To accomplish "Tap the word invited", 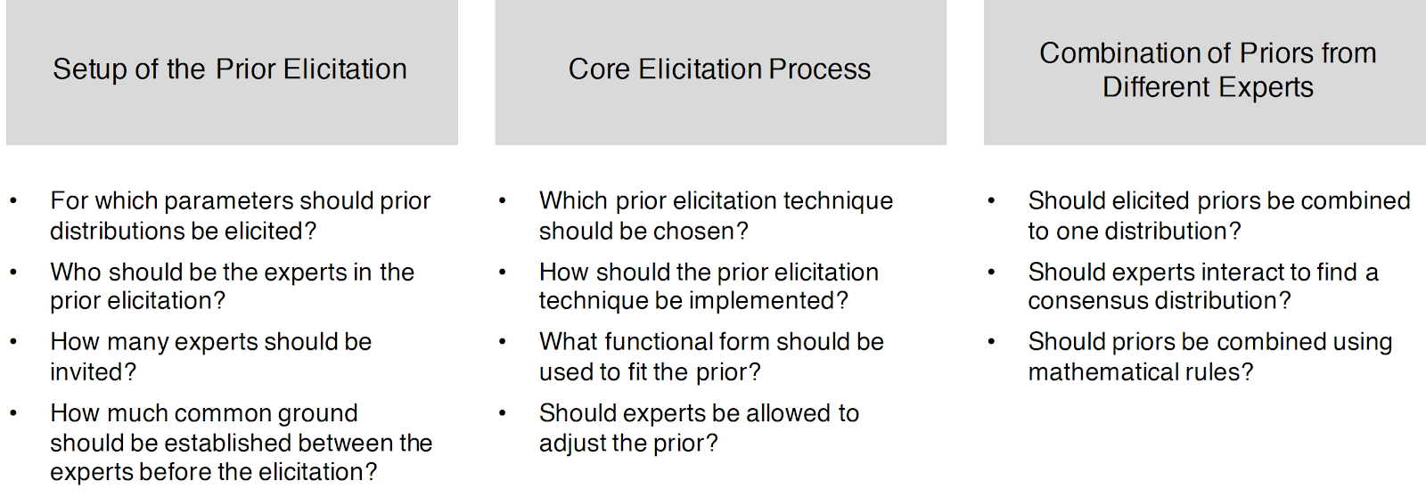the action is click(93, 371).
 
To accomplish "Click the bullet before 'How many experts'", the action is click(13, 342).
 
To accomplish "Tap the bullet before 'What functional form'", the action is click(503, 342).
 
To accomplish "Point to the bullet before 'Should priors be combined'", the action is click(991, 342).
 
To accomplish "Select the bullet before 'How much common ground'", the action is click(13, 413).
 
